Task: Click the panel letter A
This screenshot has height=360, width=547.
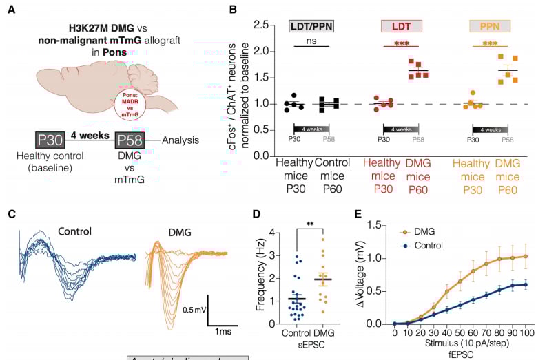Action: click(12, 12)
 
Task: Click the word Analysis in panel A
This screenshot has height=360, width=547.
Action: click(181, 141)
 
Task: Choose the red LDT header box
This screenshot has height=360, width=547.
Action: click(402, 27)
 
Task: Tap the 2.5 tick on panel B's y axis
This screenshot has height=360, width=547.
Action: click(260, 24)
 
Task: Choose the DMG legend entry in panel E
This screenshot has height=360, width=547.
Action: click(425, 232)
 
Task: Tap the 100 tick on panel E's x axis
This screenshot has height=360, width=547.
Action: click(526, 333)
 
